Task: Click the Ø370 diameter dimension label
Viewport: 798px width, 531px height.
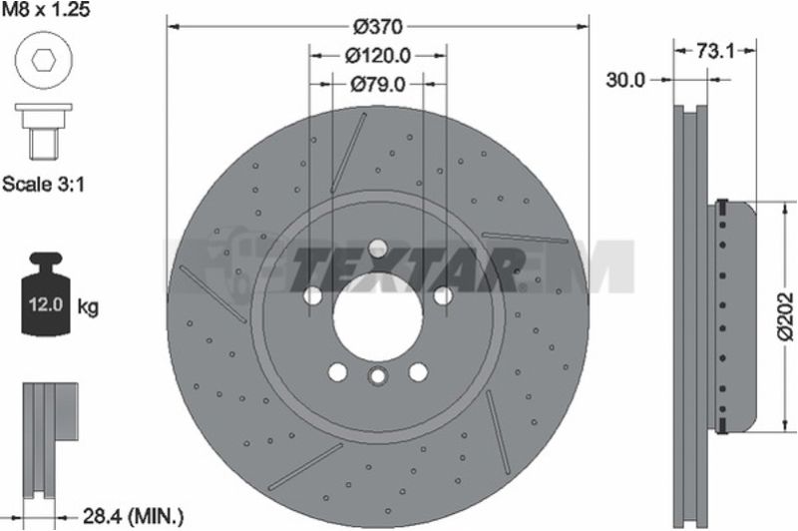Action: point(378,27)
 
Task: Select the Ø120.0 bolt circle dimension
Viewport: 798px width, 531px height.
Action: point(378,56)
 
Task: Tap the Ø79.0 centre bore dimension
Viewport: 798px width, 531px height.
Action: point(378,84)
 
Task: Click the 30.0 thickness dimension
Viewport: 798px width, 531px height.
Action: point(625,80)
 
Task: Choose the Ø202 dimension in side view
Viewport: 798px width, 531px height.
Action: point(786,315)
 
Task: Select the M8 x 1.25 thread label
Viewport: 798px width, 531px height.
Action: point(46,10)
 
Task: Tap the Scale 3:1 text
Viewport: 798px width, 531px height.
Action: point(43,184)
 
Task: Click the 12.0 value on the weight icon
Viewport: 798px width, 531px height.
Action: point(45,305)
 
